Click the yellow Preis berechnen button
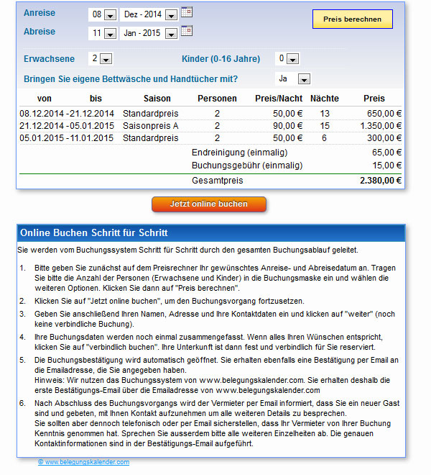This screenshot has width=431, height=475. pos(352,19)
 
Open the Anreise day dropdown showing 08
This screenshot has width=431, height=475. pos(102,14)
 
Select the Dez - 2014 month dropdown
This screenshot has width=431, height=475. pos(150,14)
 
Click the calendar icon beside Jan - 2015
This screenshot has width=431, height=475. pos(187,31)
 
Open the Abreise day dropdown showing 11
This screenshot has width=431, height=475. pos(102,33)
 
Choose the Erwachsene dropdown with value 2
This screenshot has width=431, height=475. pos(101,59)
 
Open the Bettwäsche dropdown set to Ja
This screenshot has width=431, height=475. pos(293,78)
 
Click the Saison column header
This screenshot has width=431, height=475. pos(157,98)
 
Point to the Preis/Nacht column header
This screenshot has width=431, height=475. pos(279,98)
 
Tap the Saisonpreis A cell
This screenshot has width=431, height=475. pos(151,125)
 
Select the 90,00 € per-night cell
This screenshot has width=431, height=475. pos(288,125)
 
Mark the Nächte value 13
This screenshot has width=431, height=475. pos(325,113)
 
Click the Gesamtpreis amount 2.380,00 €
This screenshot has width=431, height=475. pos(381,181)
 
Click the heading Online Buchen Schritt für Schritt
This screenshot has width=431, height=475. pos(94,233)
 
